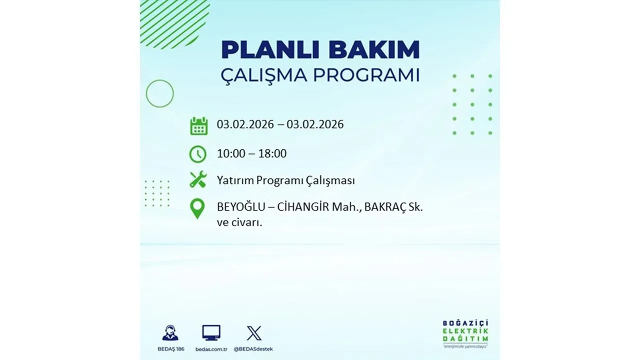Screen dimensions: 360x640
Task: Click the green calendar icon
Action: (x=198, y=125)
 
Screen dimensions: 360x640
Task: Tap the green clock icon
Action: (x=198, y=154)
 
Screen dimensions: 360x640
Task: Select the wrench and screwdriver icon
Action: (x=198, y=179)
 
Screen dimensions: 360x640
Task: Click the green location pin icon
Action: (x=198, y=208)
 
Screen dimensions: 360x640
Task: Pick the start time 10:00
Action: (x=231, y=153)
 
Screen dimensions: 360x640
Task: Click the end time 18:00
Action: (x=272, y=153)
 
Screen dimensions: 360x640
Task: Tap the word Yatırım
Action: (x=235, y=180)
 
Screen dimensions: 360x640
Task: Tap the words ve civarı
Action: (x=239, y=223)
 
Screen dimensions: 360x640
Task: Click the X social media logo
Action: (x=254, y=333)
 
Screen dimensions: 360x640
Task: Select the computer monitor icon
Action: (x=211, y=333)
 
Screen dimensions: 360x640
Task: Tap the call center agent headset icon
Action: (x=170, y=333)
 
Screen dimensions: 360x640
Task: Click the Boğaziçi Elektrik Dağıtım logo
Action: (x=465, y=333)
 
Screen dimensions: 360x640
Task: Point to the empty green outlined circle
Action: (x=159, y=93)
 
